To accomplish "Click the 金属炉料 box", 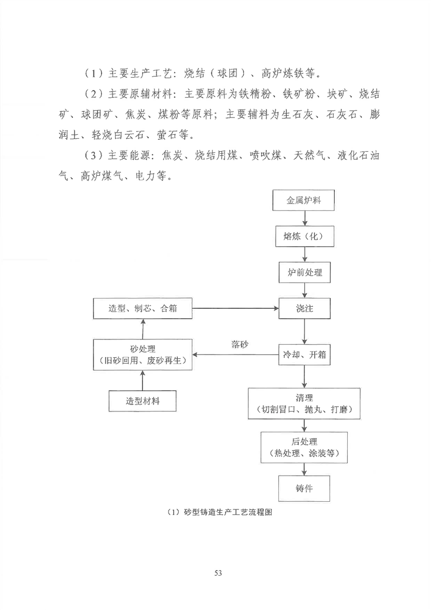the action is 303,201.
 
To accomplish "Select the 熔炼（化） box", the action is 304,236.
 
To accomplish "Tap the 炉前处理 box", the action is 304,272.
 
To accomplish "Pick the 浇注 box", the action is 304,308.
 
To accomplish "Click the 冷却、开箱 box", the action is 304,354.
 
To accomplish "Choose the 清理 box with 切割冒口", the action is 304,403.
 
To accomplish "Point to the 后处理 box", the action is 304,447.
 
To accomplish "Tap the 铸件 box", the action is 304,489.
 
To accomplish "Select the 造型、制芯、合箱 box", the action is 142,308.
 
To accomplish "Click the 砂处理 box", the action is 142,354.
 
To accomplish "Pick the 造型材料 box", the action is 142,401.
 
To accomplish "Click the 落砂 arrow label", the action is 240,345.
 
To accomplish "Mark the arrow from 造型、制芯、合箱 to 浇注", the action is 235,308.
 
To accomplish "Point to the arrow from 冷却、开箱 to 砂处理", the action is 235,354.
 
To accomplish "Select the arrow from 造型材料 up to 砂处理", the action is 142,381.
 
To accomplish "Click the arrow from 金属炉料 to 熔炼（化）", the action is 304,219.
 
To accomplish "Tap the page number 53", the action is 218,573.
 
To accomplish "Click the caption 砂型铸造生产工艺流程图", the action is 228,512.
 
